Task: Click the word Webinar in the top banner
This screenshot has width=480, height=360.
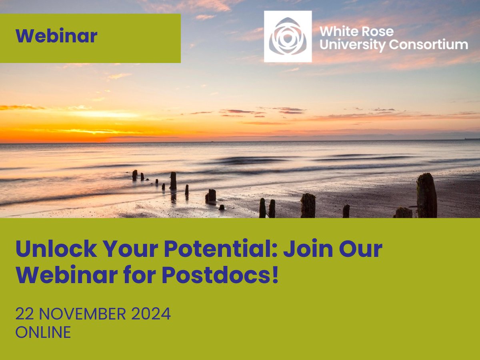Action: pyautogui.click(x=56, y=36)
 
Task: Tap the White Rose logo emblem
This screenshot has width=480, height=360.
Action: pyautogui.click(x=288, y=36)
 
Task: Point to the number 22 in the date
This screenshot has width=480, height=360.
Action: pyautogui.click(x=25, y=314)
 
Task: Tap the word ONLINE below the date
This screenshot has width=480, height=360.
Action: pyautogui.click(x=43, y=332)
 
